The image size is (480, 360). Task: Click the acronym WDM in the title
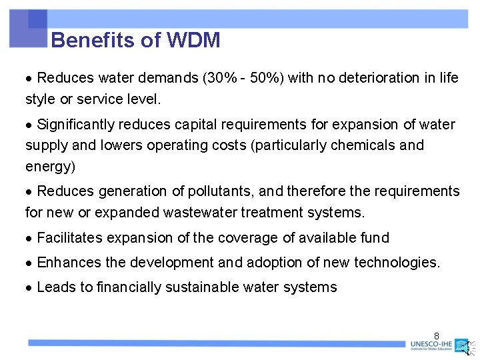pyautogui.click(x=193, y=41)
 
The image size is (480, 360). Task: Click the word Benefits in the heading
pyautogui.click(x=94, y=41)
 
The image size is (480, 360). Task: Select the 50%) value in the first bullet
pyautogui.click(x=265, y=78)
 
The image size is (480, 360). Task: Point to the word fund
pyautogui.click(x=375, y=238)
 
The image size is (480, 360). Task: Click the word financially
pyautogui.click(x=130, y=287)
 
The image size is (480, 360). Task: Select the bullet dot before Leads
pyautogui.click(x=29, y=288)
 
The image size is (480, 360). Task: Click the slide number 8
pyautogui.click(x=437, y=335)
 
